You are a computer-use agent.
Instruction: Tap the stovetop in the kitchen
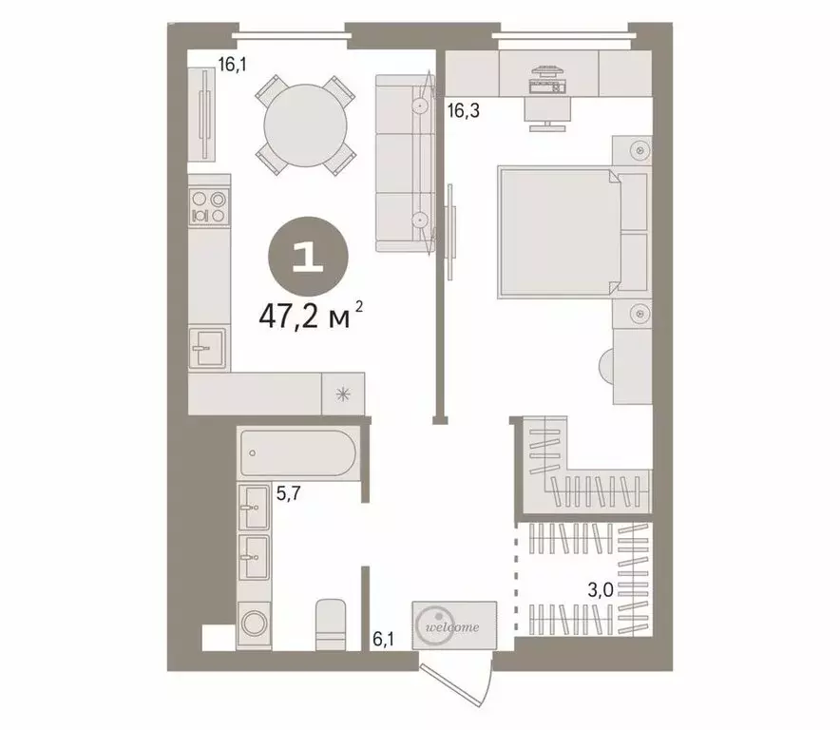click(x=209, y=207)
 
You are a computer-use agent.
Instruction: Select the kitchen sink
click(x=208, y=348)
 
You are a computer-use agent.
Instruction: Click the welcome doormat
click(x=454, y=624)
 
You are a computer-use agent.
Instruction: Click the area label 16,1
click(x=231, y=65)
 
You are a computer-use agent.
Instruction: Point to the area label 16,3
click(x=463, y=109)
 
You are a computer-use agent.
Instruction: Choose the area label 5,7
click(x=289, y=493)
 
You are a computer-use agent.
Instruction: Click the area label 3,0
click(x=599, y=589)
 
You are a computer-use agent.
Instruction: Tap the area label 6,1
click(x=383, y=640)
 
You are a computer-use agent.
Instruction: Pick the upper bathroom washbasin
click(x=253, y=508)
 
